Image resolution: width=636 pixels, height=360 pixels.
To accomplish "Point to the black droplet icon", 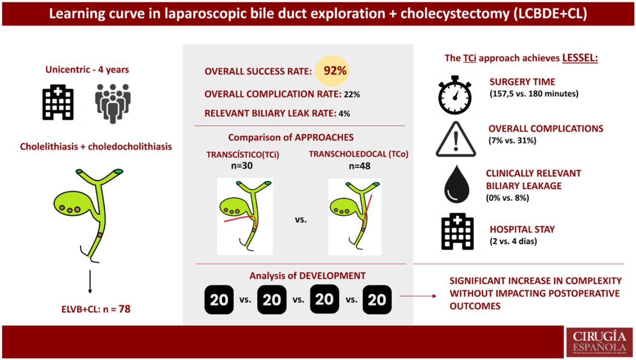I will click(455, 184).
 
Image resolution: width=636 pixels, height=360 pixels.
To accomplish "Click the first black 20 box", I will click(219, 299).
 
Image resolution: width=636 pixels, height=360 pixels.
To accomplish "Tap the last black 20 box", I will click(377, 299).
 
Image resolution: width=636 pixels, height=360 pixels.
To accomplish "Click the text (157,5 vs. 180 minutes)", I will click(534, 94).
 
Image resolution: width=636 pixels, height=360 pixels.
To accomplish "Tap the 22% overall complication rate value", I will click(351, 95).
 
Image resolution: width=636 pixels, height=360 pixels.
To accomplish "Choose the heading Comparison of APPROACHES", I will click(291, 138).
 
